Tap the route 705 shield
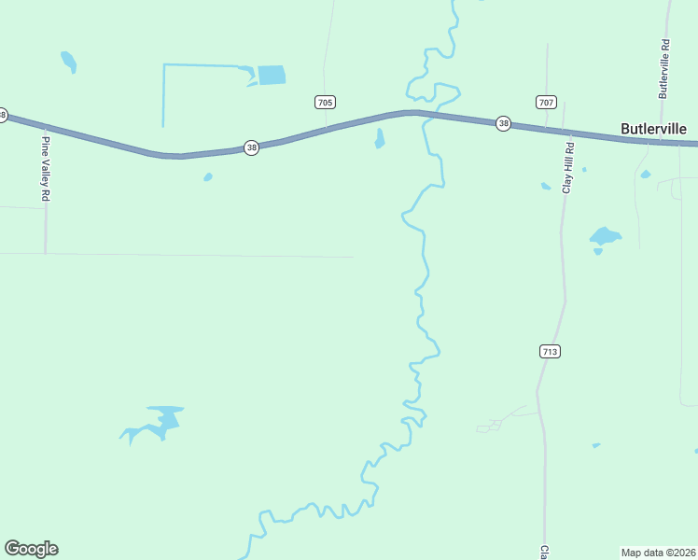coord(325,102)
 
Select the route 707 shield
coord(547,101)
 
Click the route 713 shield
coord(549,351)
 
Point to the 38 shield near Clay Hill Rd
coord(503,123)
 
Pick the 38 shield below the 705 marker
coord(251,147)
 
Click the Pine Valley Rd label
coord(44,170)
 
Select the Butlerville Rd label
coord(664,69)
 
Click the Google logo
coord(31,549)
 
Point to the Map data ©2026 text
coord(658,553)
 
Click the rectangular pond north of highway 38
coord(272,75)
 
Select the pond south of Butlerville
coord(605,236)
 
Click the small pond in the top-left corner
coord(68,62)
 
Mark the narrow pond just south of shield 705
coord(379,138)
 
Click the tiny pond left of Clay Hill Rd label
coord(546,186)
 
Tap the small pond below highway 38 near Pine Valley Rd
coord(207,176)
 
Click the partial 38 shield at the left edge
coord(3,115)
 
